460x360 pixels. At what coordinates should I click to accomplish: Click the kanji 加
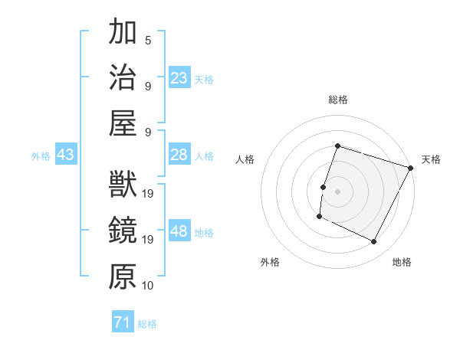123,33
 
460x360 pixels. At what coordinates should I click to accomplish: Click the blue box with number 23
179,78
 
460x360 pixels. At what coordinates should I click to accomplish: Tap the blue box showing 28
179,155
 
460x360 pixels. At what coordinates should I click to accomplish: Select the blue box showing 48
179,231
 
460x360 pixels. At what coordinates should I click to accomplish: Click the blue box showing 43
65,155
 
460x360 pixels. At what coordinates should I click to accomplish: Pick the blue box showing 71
123,323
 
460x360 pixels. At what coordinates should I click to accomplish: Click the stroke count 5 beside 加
147,40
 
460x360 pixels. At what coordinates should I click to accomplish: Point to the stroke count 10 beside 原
148,286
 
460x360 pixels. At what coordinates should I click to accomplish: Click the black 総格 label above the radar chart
337,100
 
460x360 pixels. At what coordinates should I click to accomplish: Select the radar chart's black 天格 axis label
431,159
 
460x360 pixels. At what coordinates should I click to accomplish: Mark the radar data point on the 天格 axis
411,168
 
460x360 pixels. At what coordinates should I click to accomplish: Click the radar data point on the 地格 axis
374,242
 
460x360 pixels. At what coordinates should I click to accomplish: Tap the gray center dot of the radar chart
337,191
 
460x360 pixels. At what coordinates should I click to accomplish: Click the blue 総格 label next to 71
147,324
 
